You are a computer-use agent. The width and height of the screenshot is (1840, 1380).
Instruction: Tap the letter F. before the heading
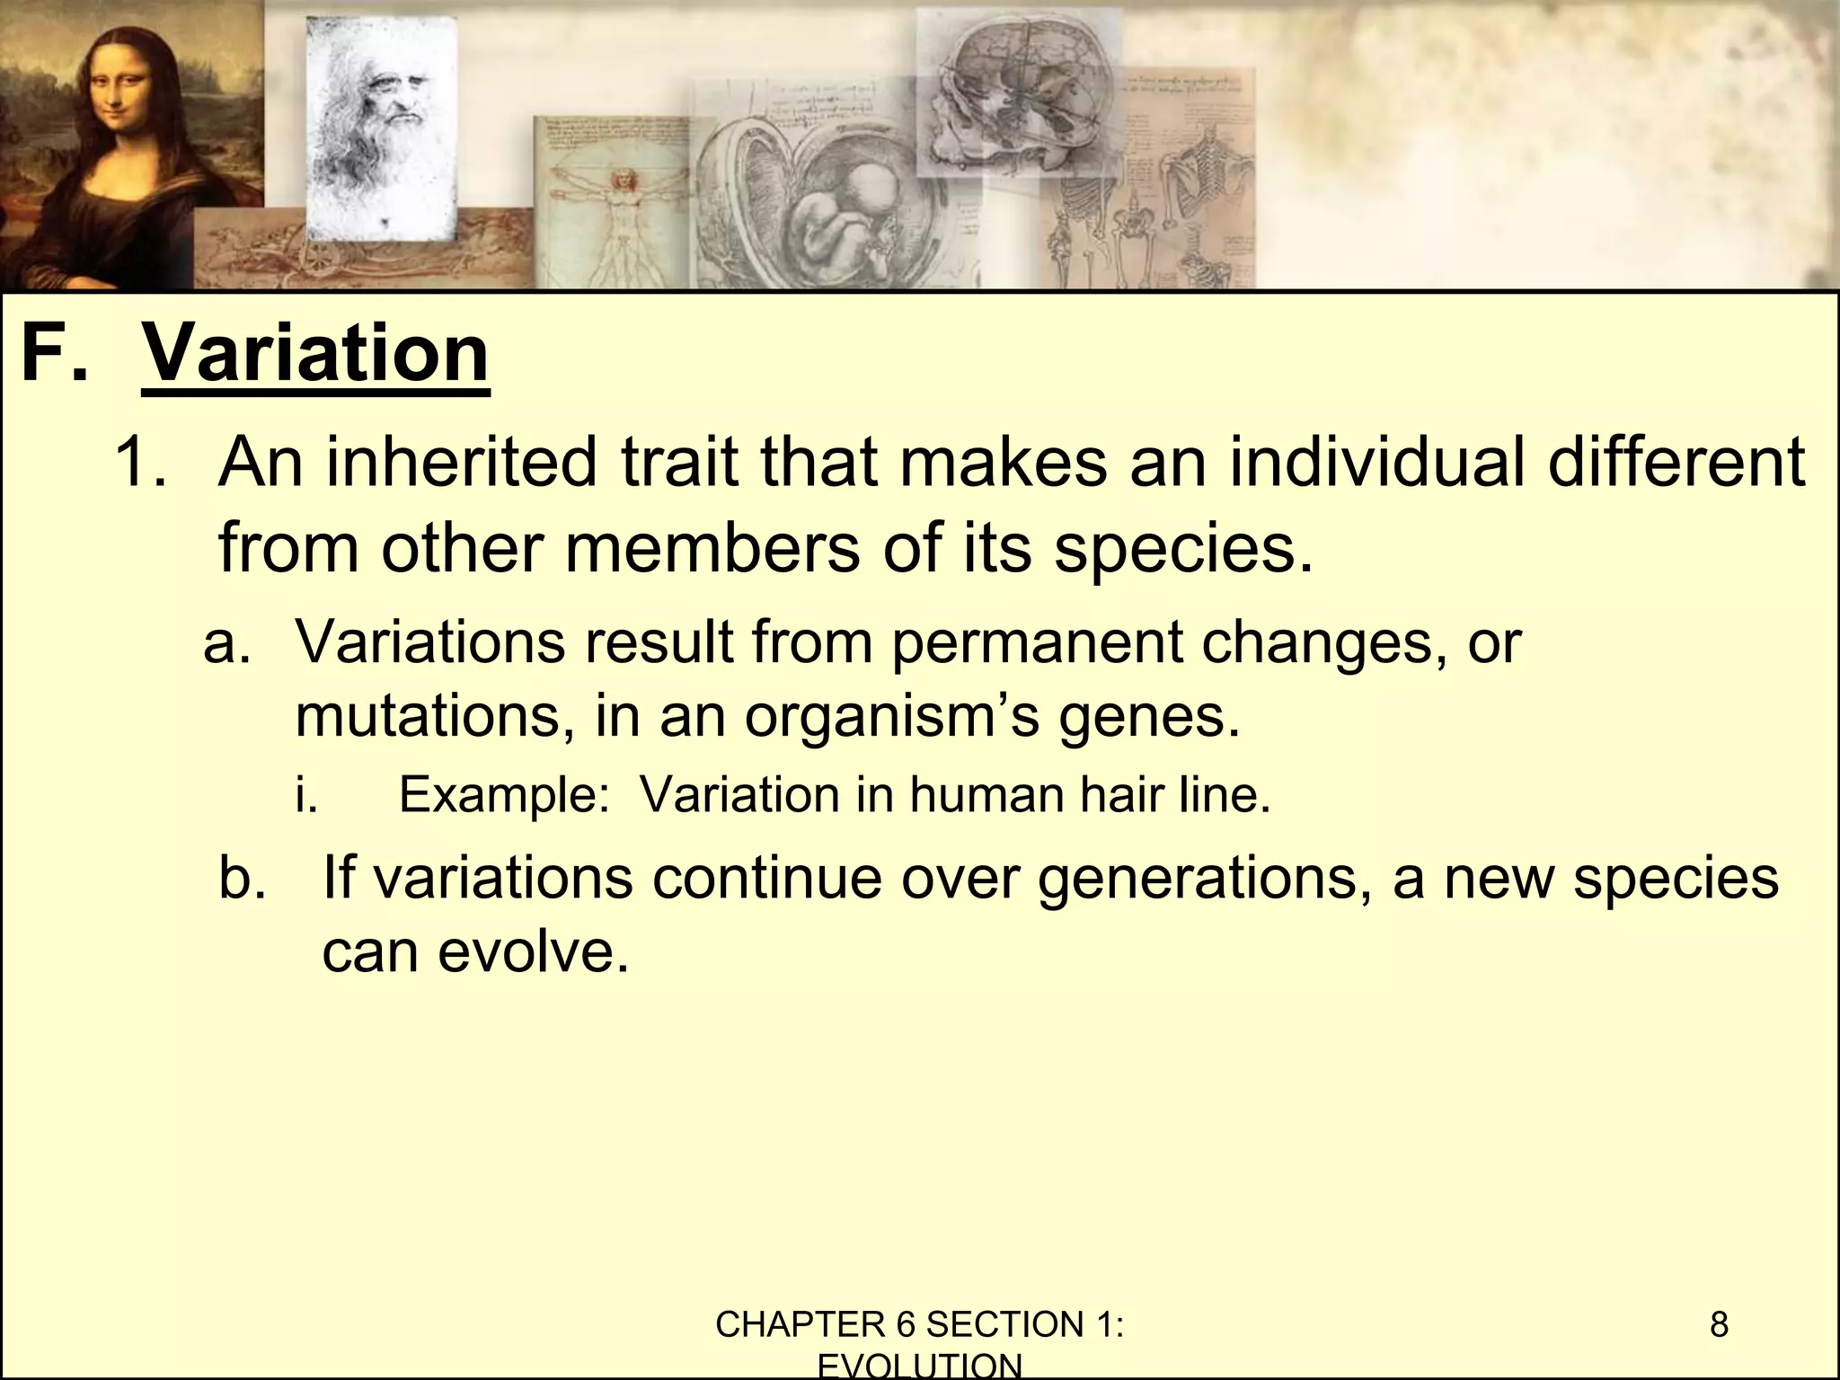(56, 354)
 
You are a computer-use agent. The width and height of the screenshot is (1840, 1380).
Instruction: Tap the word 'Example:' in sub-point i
(504, 794)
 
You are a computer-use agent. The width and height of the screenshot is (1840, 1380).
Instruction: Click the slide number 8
(1719, 1324)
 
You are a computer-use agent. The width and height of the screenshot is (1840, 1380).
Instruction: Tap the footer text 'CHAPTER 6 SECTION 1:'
(919, 1324)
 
